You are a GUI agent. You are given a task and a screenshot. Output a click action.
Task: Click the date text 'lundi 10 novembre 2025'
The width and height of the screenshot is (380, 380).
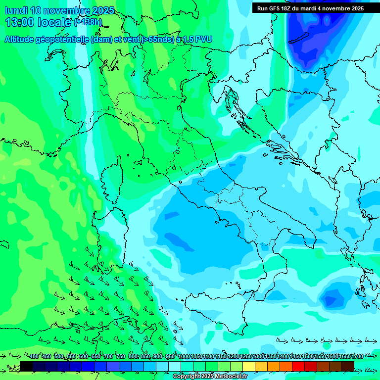[59, 10]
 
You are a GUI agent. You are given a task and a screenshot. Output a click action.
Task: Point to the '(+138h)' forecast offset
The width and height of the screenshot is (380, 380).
[88, 22]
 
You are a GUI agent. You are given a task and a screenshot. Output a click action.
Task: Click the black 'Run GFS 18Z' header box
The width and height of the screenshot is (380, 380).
[310, 8]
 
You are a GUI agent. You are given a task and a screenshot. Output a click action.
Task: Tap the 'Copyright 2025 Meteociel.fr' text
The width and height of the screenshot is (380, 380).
[210, 377]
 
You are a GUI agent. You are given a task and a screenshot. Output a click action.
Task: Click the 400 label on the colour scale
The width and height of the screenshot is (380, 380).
[34, 357]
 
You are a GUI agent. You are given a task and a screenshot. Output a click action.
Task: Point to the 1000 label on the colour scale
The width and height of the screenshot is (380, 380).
[184, 357]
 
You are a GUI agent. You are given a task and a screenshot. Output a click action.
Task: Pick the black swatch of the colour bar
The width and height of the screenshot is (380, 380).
[26, 366]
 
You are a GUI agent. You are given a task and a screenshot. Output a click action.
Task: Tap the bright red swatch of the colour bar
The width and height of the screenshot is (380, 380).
[298, 366]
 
